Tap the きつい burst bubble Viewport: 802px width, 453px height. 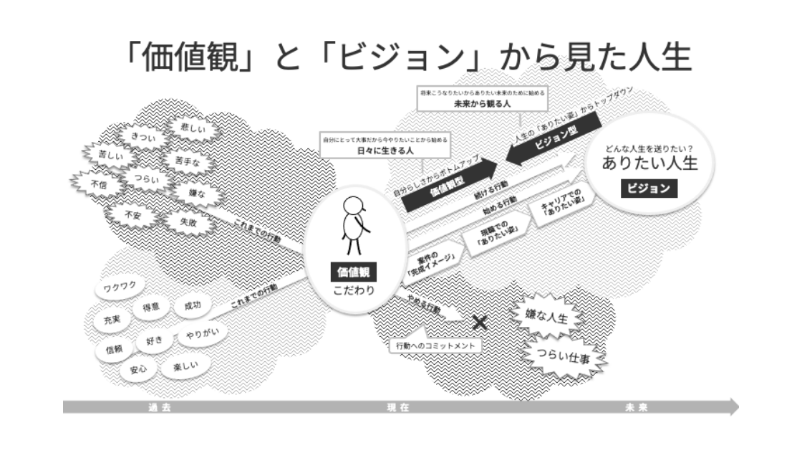134,135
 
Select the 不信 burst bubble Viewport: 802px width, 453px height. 99,184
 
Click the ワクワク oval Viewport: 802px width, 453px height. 120,288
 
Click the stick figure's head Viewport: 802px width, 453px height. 355,206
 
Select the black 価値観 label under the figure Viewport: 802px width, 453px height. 352,272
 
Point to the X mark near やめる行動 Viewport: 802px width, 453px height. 480,323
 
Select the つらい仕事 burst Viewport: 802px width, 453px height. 566,356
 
